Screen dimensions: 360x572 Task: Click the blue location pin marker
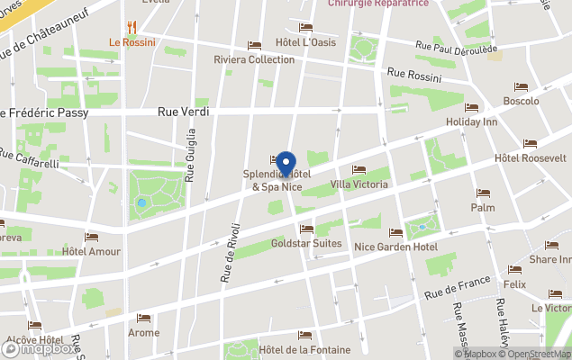point(286,164)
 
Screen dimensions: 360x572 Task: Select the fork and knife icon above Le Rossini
point(132,27)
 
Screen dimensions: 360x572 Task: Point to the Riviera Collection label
point(254,59)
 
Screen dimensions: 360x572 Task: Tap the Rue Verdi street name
point(184,112)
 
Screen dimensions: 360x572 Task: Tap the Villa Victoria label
point(359,184)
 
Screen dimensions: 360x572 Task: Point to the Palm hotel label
point(483,207)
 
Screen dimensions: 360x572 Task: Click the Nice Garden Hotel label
point(395,247)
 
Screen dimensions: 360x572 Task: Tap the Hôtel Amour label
point(91,251)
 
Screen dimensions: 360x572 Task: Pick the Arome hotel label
point(143,332)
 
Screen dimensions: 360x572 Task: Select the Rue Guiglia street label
point(190,155)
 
